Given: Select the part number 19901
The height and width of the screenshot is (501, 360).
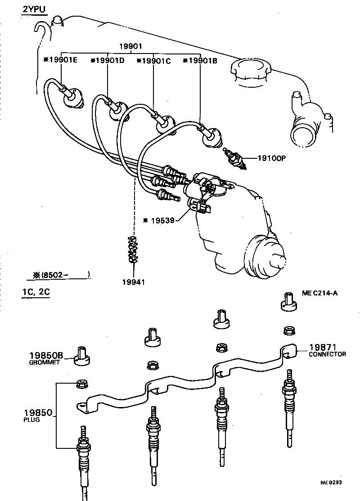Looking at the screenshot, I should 130,46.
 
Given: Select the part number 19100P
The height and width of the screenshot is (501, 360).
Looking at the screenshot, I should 272,158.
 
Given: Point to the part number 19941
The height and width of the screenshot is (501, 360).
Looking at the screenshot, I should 133,282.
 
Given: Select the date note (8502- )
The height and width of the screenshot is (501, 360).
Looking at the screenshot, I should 58,273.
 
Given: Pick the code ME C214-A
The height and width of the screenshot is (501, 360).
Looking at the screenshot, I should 319,293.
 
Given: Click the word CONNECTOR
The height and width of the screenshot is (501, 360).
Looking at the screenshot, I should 327,354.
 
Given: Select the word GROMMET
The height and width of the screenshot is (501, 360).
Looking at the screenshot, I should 45,362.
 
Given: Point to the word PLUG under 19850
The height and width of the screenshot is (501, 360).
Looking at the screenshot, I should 31,420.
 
